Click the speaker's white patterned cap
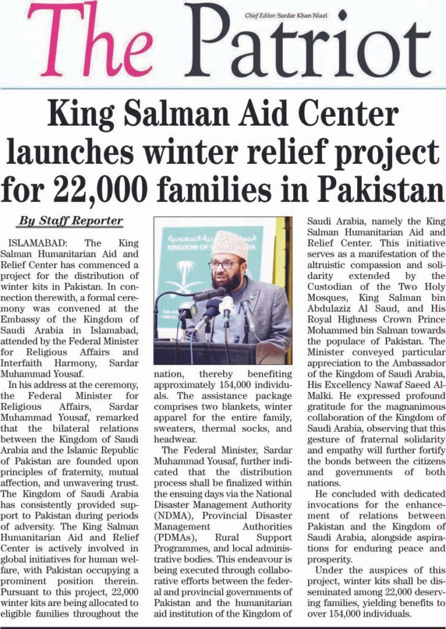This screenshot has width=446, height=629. (230, 244)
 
